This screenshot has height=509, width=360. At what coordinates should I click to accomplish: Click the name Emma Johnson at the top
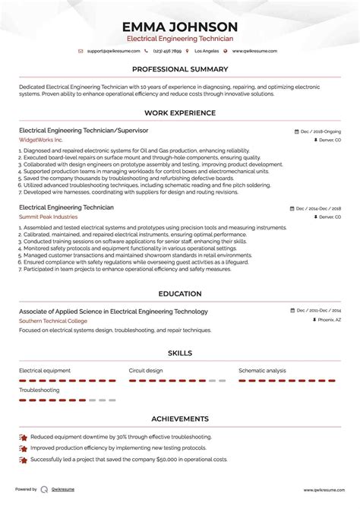click(180, 27)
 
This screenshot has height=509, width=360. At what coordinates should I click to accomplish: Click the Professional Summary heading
click(180, 69)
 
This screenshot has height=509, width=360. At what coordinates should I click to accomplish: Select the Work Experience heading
click(180, 114)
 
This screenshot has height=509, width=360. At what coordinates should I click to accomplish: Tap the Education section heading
click(180, 294)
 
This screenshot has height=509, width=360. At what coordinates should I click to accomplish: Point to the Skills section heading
click(180, 353)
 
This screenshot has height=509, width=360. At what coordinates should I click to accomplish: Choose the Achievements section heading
click(180, 419)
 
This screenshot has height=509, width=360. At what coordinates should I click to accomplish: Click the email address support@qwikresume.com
click(113, 51)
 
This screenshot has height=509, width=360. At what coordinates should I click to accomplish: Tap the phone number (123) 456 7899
click(167, 51)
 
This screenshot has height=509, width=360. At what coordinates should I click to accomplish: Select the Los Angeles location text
click(207, 51)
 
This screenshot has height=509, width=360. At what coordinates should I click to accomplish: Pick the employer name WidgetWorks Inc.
click(41, 141)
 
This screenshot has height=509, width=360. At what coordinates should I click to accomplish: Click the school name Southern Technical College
click(53, 321)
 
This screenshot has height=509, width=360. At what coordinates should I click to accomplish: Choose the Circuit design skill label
click(146, 371)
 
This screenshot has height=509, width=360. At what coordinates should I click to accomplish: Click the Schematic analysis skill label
click(262, 371)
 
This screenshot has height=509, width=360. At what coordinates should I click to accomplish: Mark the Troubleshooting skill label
click(39, 390)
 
